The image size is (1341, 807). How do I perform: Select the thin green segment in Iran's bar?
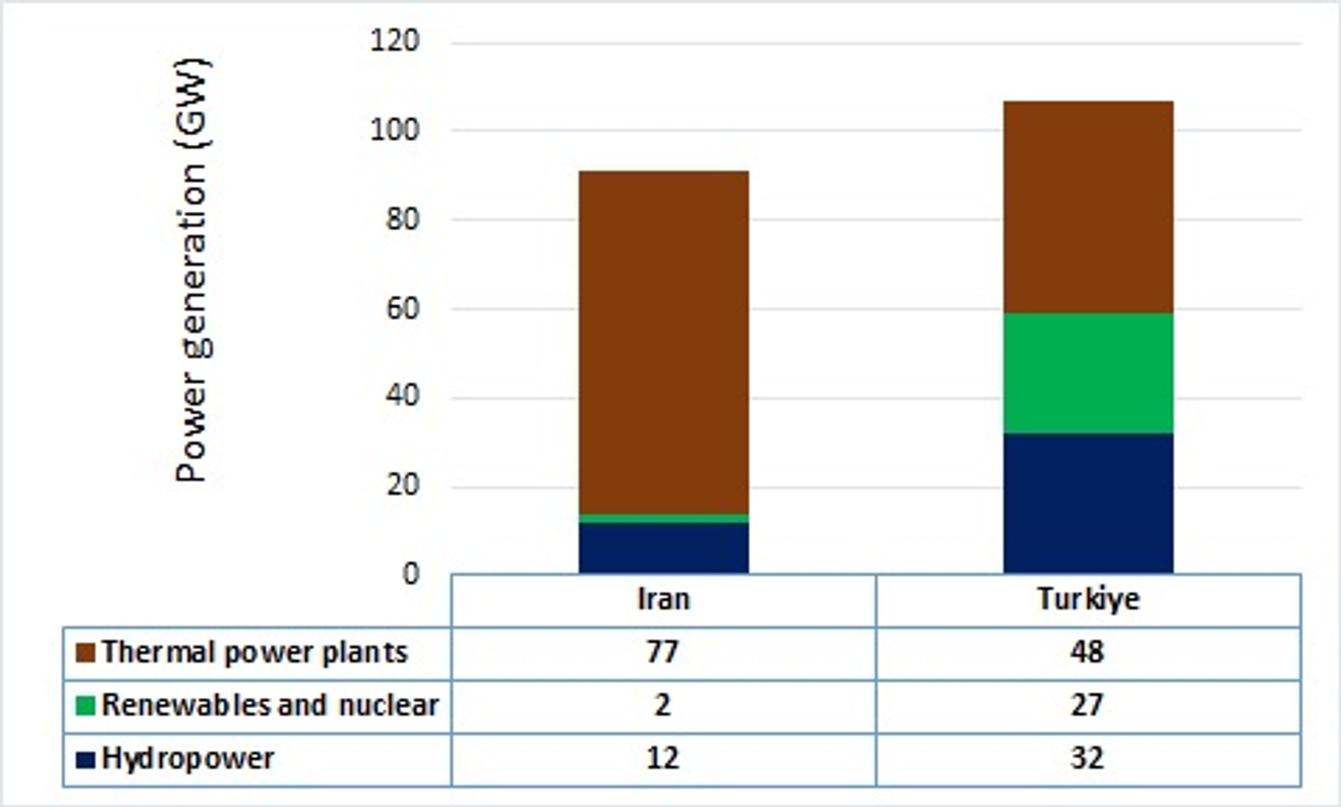pyautogui.click(x=663, y=519)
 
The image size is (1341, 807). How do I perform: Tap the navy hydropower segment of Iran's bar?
pyautogui.click(x=663, y=548)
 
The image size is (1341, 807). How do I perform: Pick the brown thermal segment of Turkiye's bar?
pyautogui.click(x=1088, y=207)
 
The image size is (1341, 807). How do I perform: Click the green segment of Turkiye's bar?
pyautogui.click(x=1088, y=373)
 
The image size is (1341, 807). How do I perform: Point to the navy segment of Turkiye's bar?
pyautogui.click(x=1088, y=503)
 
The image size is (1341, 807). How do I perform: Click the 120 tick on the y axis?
pyautogui.click(x=394, y=40)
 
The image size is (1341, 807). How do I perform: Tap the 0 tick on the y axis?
pyautogui.click(x=410, y=574)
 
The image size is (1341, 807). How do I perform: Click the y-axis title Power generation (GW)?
pyautogui.click(x=192, y=270)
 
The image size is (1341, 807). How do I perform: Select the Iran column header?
pyautogui.click(x=663, y=600)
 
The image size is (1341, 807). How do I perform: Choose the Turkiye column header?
pyautogui.click(x=1088, y=600)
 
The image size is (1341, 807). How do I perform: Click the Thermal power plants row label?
pyautogui.click(x=254, y=653)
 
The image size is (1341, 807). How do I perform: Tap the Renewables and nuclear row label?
pyautogui.click(x=269, y=706)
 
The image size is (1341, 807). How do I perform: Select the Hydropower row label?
pyautogui.click(x=188, y=759)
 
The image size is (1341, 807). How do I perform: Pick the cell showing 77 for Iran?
pyautogui.click(x=662, y=653)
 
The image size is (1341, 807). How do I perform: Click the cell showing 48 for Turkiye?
pyautogui.click(x=1087, y=653)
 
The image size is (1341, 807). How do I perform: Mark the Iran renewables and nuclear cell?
pyautogui.click(x=662, y=706)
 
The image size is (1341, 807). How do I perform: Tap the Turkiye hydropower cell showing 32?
pyautogui.click(x=1087, y=759)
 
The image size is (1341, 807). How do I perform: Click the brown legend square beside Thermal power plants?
pyautogui.click(x=85, y=653)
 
